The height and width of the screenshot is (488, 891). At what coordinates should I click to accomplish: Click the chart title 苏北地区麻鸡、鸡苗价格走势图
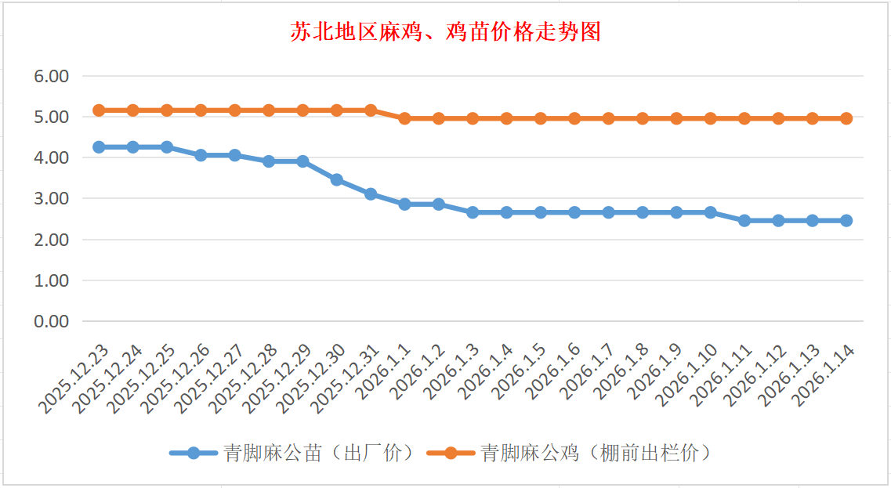pos(445,32)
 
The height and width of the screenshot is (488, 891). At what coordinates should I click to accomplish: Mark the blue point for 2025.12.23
pos(99,147)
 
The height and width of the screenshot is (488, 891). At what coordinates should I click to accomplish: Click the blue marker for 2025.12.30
pos(337,179)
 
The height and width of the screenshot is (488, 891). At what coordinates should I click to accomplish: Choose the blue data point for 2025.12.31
pos(371,193)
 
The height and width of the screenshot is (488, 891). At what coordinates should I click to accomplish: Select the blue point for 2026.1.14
pos(846,221)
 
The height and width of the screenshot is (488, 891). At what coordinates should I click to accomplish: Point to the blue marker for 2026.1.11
pos(744,221)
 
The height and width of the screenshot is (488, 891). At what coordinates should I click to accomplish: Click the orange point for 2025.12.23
pos(99,110)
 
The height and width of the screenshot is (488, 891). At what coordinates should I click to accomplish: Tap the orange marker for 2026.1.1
pos(404,118)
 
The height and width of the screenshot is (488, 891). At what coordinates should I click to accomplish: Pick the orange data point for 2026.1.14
pos(846,118)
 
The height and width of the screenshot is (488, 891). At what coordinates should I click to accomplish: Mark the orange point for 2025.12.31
pos(371,110)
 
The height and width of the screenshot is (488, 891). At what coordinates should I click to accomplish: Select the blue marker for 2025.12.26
pos(201,155)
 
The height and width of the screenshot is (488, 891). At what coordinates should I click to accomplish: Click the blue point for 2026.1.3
pos(473,212)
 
